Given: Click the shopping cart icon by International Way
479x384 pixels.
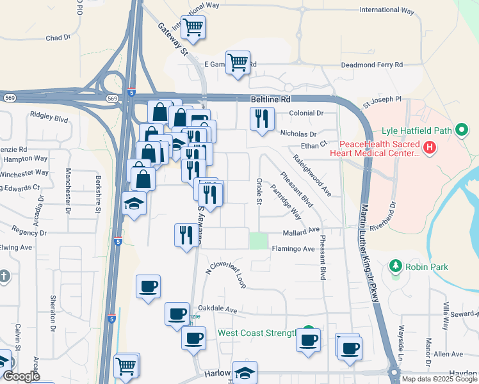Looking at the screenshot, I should point(193,27).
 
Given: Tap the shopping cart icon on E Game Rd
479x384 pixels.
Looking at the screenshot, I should point(238,63).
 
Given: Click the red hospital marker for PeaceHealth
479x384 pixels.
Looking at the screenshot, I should point(430,148).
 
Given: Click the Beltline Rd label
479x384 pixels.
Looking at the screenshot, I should point(270,100).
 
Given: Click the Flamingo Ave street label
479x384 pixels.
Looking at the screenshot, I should point(293,248).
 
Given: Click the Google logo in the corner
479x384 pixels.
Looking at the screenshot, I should point(21,376).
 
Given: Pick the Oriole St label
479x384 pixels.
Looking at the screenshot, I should point(259,192).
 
